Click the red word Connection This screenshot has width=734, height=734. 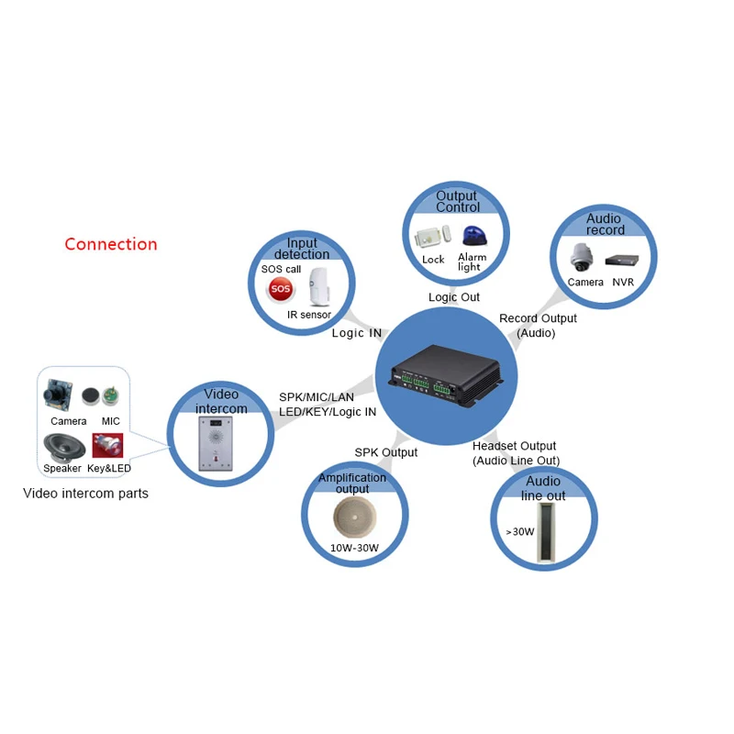(111, 244)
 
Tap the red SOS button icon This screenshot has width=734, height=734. (281, 289)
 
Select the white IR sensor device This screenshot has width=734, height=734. (318, 287)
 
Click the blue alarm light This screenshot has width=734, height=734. (472, 237)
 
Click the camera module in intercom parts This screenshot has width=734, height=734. (60, 395)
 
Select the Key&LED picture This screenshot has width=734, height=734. (108, 446)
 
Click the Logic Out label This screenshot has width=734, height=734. (454, 297)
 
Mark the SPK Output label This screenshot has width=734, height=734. (386, 452)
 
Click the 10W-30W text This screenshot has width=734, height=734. (353, 549)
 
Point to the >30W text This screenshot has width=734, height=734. (520, 531)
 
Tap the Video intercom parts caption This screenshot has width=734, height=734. (85, 494)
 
